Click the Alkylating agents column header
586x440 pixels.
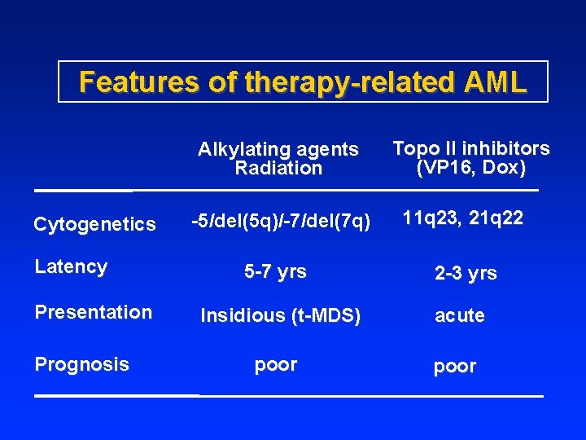point(278,149)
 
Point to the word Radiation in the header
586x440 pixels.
point(278,169)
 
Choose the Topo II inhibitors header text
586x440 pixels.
point(471,148)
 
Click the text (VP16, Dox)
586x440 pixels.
point(471,168)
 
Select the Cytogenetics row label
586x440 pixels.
point(94,224)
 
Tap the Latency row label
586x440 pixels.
point(71,266)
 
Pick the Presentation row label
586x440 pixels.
point(93,312)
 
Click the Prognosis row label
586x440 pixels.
point(81,364)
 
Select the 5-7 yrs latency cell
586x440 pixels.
point(276,272)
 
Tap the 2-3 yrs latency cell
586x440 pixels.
point(466,274)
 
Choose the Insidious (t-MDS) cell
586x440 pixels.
point(280,316)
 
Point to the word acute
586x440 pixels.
point(460,316)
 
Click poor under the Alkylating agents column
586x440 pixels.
point(276,365)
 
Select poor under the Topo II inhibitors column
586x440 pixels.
point(455,367)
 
